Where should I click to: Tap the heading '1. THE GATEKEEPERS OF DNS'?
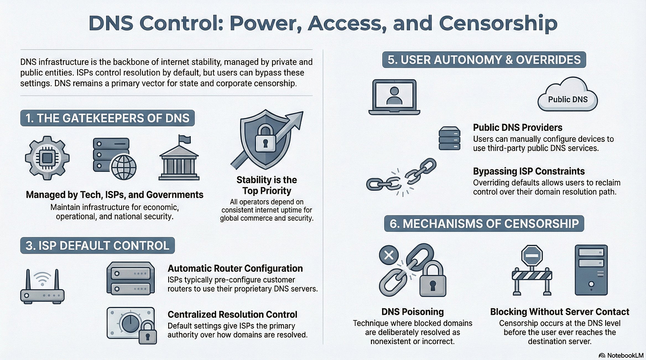click(x=107, y=118)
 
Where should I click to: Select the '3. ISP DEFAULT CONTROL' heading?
click(x=97, y=245)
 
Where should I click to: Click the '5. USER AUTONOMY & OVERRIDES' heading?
click(x=484, y=60)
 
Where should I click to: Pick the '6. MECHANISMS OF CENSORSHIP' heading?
click(x=484, y=223)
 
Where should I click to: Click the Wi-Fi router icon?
click(x=42, y=287)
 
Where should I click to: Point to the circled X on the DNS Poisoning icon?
click(x=389, y=255)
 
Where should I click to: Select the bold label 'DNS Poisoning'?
click(x=412, y=312)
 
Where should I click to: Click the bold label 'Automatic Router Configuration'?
click(x=235, y=268)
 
